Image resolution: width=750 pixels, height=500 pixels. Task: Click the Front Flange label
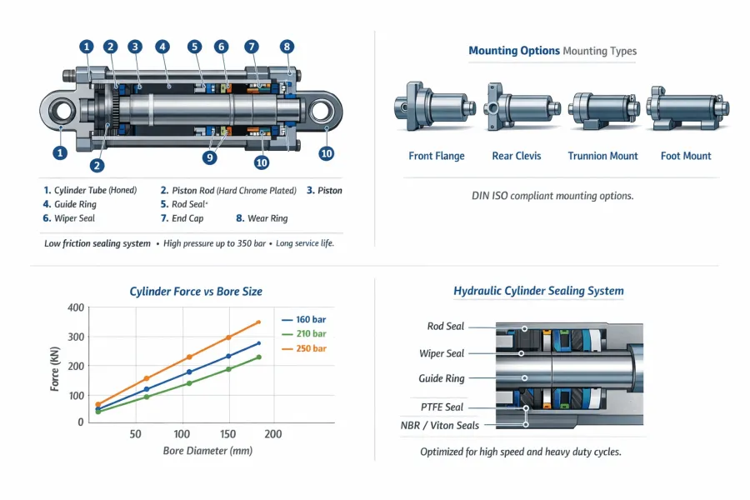437,156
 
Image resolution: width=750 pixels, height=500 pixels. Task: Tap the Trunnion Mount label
602,156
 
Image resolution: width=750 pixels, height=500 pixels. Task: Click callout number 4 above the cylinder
162,47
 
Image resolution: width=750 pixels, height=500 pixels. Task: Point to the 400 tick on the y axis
75,308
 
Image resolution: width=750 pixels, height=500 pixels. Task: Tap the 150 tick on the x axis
227,434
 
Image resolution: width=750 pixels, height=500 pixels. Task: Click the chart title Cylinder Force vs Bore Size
196,292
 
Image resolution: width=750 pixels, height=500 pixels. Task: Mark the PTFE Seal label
442,407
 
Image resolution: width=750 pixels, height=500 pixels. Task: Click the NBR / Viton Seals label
439,425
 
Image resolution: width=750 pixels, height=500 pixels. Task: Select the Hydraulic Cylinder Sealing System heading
538,291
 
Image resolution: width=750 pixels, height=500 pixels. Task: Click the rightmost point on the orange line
258,322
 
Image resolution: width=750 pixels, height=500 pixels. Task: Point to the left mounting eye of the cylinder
62,111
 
